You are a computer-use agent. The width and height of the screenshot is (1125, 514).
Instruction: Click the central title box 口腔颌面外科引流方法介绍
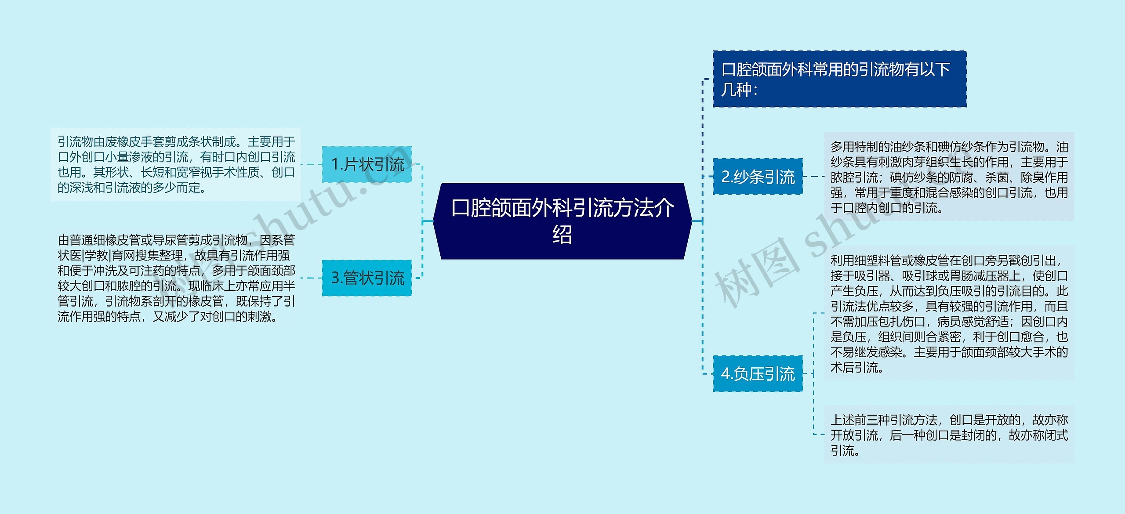click(x=562, y=221)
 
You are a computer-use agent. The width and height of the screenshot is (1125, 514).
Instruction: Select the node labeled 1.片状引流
click(x=367, y=164)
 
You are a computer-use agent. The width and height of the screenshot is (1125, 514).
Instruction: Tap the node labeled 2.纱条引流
click(x=758, y=177)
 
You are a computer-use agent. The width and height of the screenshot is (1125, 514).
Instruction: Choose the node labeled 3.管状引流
click(x=367, y=278)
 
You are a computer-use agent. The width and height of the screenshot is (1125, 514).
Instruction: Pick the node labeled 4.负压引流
click(x=758, y=373)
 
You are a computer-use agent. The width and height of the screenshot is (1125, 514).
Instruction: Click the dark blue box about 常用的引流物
click(x=839, y=79)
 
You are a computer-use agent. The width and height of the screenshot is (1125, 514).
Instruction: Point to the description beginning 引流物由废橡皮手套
click(x=176, y=165)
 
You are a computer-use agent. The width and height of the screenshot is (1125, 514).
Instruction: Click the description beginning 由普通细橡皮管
click(x=176, y=278)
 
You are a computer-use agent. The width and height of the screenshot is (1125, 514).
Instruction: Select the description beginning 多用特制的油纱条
click(x=949, y=177)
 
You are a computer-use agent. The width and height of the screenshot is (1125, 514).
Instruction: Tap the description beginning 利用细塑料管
click(x=949, y=313)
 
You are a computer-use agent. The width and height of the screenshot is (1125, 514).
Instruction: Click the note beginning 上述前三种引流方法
click(x=949, y=434)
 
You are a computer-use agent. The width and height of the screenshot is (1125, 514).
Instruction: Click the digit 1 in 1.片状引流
click(x=335, y=165)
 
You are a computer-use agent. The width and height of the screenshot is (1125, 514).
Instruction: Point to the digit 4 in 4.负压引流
click(x=726, y=374)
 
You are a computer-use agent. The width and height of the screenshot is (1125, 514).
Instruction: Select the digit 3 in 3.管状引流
click(x=335, y=278)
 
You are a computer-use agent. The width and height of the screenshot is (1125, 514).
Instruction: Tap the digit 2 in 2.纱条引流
click(x=726, y=177)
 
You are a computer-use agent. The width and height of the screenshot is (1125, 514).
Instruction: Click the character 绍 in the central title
click(x=562, y=235)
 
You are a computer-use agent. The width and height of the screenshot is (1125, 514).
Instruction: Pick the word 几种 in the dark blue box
click(x=737, y=90)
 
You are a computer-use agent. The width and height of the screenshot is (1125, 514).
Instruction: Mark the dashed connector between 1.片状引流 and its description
click(x=311, y=164)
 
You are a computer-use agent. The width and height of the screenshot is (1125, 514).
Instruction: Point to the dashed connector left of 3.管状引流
click(x=311, y=278)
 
